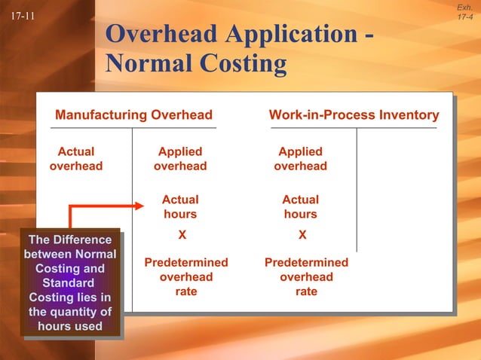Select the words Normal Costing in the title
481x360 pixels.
pyautogui.click(x=196, y=64)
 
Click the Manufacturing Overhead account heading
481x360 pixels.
pyautogui.click(x=133, y=115)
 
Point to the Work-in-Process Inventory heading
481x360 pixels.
pyautogui.click(x=354, y=115)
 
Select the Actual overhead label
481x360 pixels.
pyautogui.click(x=76, y=159)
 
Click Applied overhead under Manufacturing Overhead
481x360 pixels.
pyautogui.click(x=180, y=159)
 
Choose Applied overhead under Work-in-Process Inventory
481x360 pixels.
pyautogui.click(x=300, y=159)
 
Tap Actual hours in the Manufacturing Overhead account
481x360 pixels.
pyautogui.click(x=180, y=206)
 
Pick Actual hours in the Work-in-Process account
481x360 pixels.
pyautogui.click(x=300, y=206)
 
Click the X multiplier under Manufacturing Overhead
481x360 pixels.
pyautogui.click(x=181, y=235)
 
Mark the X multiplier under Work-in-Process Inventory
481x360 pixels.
pyautogui.click(x=302, y=235)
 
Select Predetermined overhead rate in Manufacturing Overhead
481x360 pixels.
pyautogui.click(x=186, y=277)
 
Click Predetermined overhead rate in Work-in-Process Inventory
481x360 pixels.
pyautogui.click(x=306, y=277)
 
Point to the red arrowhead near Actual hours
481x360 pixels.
pyautogui.click(x=137, y=206)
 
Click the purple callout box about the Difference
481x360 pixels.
pyautogui.click(x=70, y=282)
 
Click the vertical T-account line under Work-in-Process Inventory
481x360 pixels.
pyautogui.click(x=357, y=188)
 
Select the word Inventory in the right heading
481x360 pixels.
pyautogui.click(x=410, y=115)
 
